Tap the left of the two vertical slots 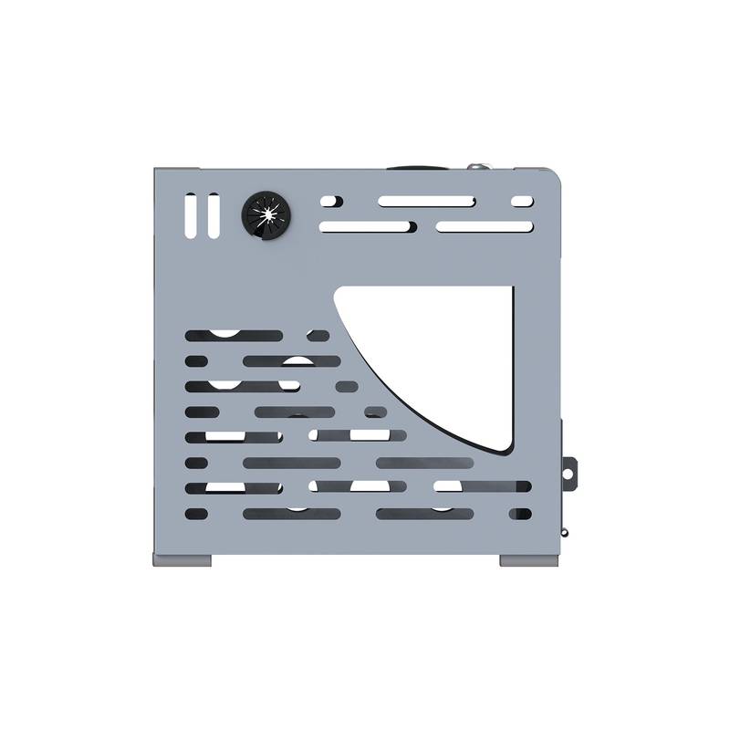190,216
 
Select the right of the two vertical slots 213,216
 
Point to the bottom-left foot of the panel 182,559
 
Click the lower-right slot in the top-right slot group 485,225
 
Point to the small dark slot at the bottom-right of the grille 520,514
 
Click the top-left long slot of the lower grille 234,336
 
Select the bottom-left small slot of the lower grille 202,514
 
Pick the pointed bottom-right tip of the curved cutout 507,449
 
